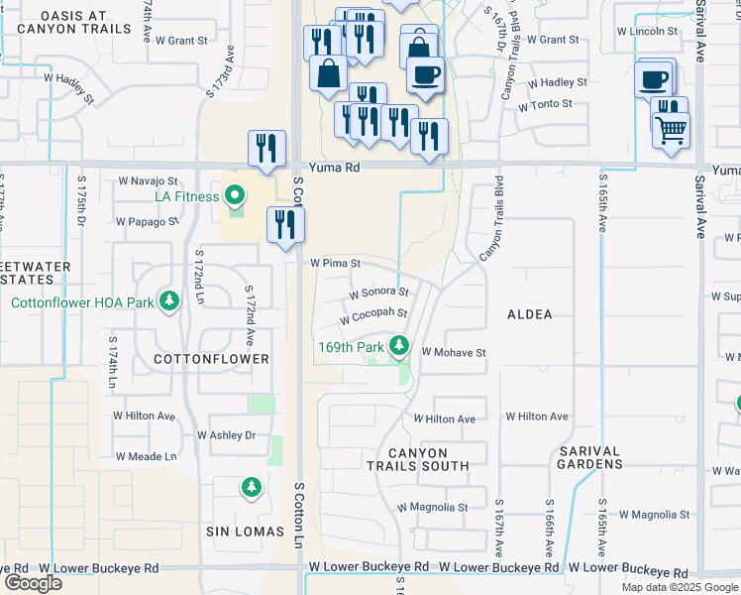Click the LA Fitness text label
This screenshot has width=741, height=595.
185,196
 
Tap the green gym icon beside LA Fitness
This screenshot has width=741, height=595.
236,196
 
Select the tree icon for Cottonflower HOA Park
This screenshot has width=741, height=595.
170,300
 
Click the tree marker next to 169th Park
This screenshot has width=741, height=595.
399,346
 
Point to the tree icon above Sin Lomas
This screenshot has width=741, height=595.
251,487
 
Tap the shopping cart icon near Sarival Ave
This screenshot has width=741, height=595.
672,128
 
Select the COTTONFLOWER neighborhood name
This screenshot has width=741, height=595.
212,358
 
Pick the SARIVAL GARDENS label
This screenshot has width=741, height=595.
590,457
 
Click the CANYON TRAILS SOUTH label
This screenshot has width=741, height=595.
417,458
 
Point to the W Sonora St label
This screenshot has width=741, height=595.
379,294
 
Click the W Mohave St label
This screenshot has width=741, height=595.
454,352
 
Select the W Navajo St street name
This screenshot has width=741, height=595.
148,181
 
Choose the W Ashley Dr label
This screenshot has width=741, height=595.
226,435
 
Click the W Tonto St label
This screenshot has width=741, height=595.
538,104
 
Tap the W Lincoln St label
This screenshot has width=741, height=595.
646,32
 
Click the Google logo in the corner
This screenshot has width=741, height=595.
33,583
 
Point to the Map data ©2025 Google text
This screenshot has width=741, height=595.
679,587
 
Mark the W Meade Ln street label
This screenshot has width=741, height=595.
146,457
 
